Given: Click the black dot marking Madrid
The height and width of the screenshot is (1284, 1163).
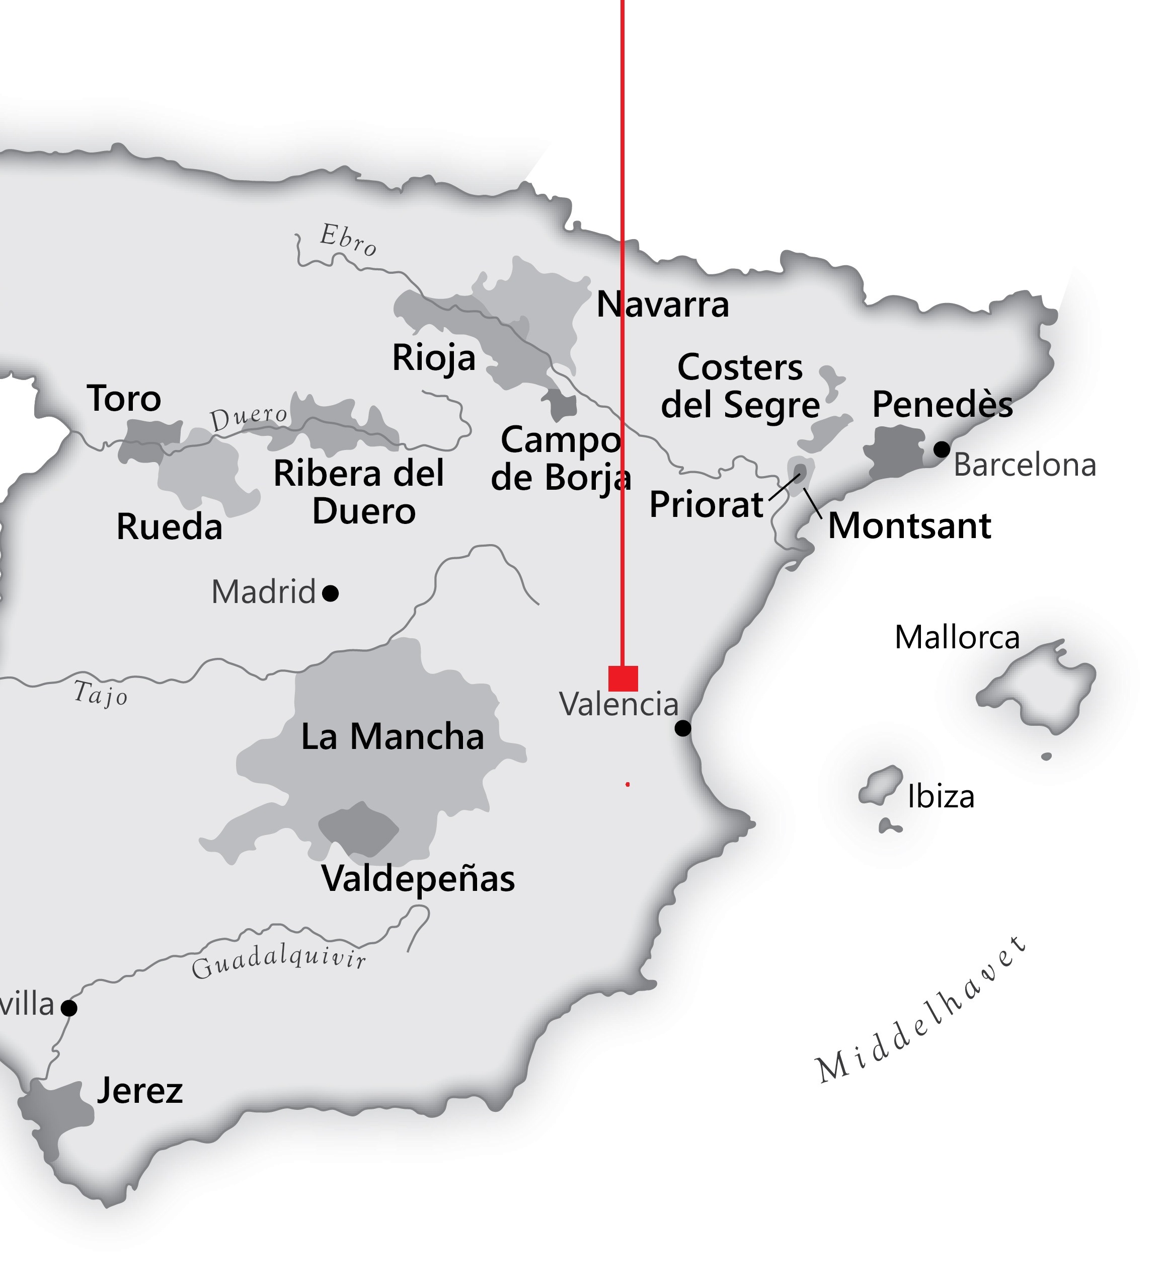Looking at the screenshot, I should pyautogui.click(x=330, y=593).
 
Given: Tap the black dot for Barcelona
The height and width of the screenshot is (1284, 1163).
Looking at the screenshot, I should pyautogui.click(x=942, y=449).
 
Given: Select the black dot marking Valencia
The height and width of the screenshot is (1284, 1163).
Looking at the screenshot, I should pyautogui.click(x=682, y=727).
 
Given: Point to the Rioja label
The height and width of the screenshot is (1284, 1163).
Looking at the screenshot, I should pyautogui.click(x=433, y=358).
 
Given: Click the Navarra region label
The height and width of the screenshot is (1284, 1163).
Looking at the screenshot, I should pyautogui.click(x=662, y=305).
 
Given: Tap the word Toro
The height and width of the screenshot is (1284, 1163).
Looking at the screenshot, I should pyautogui.click(x=124, y=399).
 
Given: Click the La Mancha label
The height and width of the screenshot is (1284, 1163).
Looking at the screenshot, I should pyautogui.click(x=393, y=736).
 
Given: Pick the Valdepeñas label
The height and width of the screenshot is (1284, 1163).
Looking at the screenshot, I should pyautogui.click(x=418, y=879).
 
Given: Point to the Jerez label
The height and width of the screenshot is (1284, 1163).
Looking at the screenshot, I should pyautogui.click(x=139, y=1090).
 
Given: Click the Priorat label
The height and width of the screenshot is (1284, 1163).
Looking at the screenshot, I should pyautogui.click(x=706, y=505).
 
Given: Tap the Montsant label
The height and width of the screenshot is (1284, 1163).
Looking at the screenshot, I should pyautogui.click(x=909, y=526).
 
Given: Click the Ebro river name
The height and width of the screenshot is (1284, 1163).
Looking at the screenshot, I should pyautogui.click(x=348, y=240).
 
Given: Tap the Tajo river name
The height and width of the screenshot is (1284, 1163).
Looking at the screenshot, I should pyautogui.click(x=101, y=693).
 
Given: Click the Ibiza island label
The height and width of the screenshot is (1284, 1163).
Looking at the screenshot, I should pyautogui.click(x=941, y=797).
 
